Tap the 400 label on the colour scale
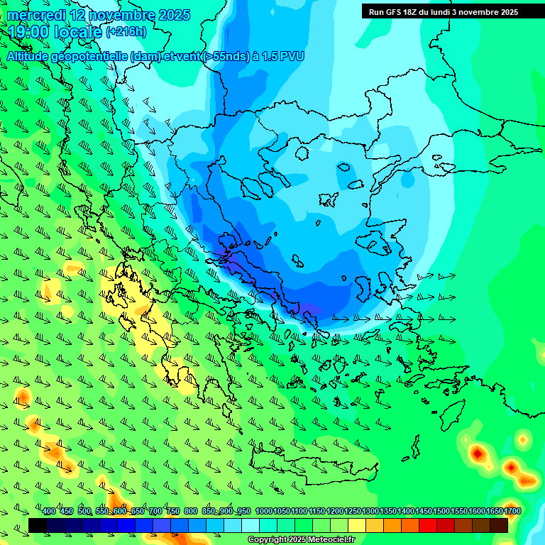[x=49, y=511]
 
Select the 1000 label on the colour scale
[x=264, y=511]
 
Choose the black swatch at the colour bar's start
[x=38, y=525]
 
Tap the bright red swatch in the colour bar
[x=428, y=525]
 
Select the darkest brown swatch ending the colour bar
[x=499, y=525]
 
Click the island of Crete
[x=312, y=469]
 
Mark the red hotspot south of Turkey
[x=478, y=452]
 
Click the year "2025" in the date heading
[x=174, y=15]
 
